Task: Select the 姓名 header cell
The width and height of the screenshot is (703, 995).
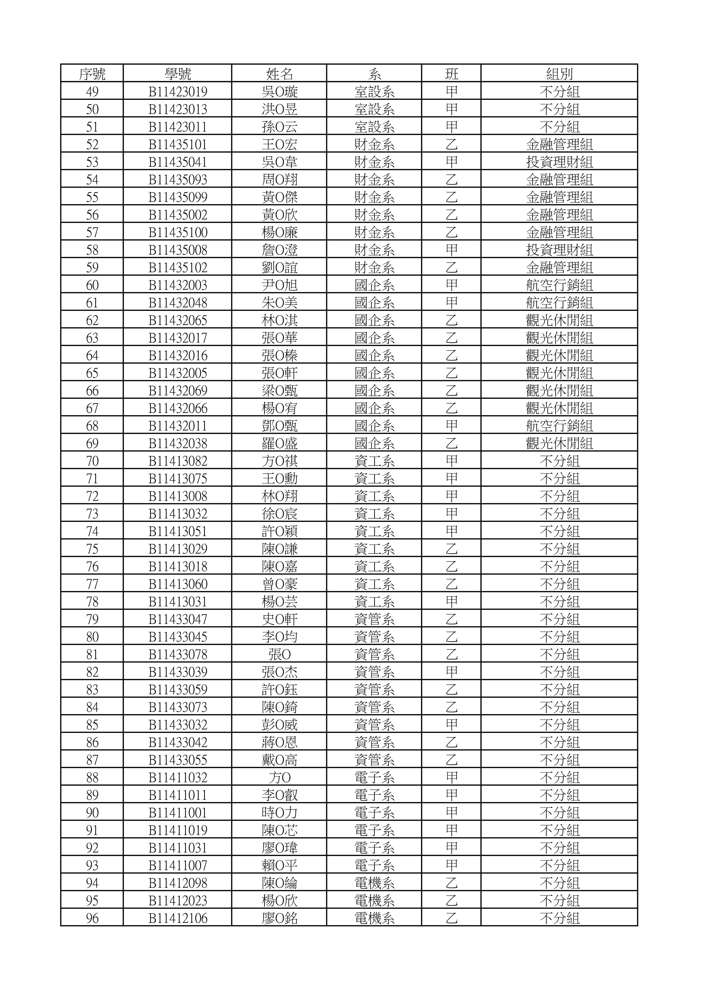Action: pos(279,74)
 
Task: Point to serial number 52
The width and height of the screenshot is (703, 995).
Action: pos(92,145)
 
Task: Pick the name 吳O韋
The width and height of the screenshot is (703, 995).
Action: pos(279,162)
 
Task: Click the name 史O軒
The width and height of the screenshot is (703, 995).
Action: pos(279,619)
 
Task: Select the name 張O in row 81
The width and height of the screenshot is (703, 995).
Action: pos(279,654)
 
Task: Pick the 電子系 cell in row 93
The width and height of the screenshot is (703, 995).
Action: pos(374,865)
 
